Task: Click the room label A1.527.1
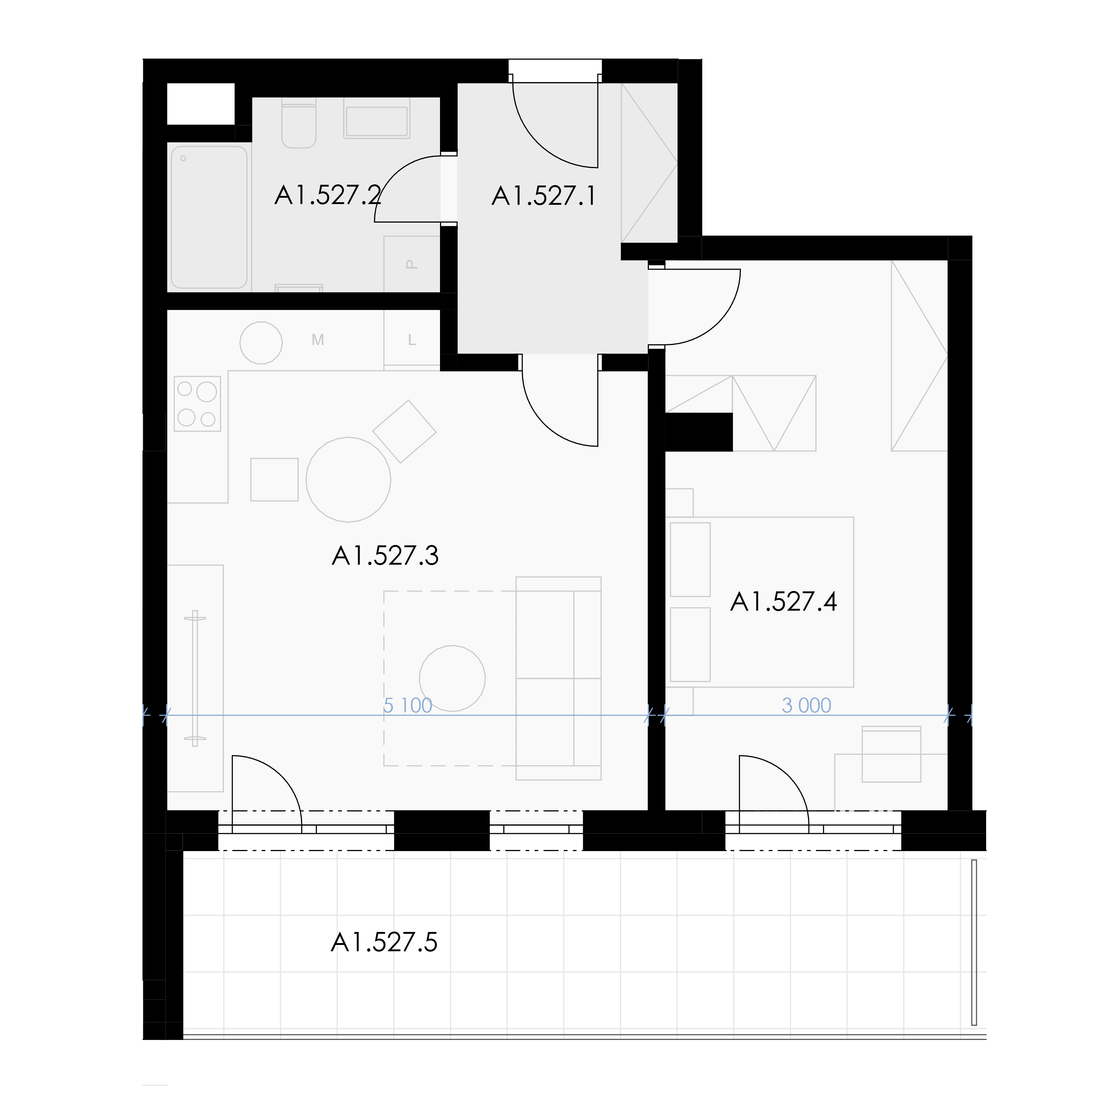pyautogui.click(x=544, y=197)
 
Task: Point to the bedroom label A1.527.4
pyautogui.click(x=784, y=602)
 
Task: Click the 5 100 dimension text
pyautogui.click(x=408, y=705)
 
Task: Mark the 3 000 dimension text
pyautogui.click(x=807, y=705)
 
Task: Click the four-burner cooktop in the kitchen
pyautogui.click(x=197, y=404)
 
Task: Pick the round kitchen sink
pyautogui.click(x=261, y=343)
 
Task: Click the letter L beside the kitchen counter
pyautogui.click(x=412, y=341)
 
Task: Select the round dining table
pyautogui.click(x=348, y=479)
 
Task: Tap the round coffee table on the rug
pyautogui.click(x=452, y=678)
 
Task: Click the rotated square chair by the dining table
pyautogui.click(x=404, y=431)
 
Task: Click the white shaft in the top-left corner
pyautogui.click(x=200, y=104)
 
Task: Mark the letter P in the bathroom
pyautogui.click(x=411, y=265)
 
